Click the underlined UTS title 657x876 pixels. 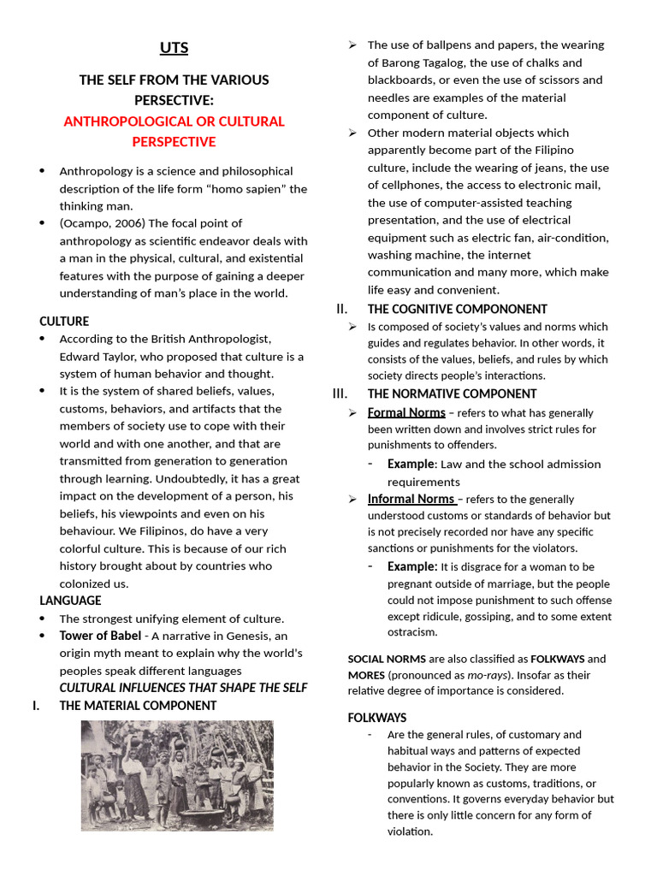click(174, 48)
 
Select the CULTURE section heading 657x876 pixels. click(64, 322)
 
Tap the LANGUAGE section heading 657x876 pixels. click(70, 601)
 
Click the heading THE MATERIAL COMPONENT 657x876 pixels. click(138, 706)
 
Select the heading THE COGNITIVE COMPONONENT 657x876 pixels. click(457, 309)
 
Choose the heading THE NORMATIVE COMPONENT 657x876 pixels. click(452, 394)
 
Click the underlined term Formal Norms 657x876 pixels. click(406, 412)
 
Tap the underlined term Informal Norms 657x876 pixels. click(411, 499)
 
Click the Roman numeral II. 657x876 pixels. click(342, 309)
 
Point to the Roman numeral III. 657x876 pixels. click(340, 394)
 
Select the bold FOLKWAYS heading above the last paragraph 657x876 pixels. click(377, 718)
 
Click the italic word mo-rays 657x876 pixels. click(487, 675)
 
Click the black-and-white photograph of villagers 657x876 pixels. click(177, 775)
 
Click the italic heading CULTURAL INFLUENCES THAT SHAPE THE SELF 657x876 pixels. click(183, 688)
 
